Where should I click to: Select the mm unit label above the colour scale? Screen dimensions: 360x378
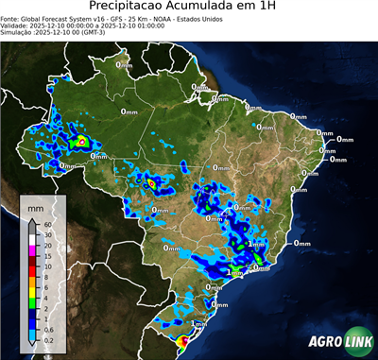[x=34, y=205]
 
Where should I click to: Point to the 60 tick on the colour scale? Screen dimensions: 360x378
[x=46, y=223]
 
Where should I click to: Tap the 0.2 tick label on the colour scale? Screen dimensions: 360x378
[x=47, y=337]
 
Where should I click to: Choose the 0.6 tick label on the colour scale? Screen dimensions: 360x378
[x=47, y=327]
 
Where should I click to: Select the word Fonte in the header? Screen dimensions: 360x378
[x=11, y=19]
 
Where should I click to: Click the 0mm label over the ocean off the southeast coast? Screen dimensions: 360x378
[x=302, y=243]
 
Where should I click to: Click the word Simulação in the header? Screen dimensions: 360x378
[x=18, y=33]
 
